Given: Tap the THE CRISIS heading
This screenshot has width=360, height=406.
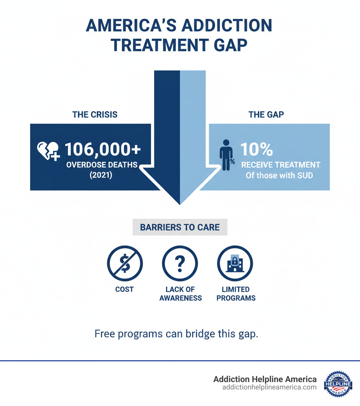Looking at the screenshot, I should [95, 115].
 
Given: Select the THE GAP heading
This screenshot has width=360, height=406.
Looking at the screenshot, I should [266, 115].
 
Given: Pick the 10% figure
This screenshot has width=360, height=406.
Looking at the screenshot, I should [256, 150].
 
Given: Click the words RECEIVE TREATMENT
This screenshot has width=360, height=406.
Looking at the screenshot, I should [280, 165].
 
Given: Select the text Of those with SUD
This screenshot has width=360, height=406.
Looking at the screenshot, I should [279, 175].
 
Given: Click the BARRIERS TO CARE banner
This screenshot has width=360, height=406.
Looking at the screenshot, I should [180, 227].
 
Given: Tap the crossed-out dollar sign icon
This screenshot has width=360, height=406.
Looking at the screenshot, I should [124, 264].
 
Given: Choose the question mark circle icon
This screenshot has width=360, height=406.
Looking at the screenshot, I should [180, 264].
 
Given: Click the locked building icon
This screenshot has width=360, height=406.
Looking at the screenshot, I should [235, 264].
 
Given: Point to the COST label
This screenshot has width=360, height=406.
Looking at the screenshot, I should [124, 290].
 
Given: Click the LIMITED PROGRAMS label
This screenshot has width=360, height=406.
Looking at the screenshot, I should [236, 294].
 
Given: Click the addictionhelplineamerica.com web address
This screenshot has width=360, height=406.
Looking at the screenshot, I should [269, 387].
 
